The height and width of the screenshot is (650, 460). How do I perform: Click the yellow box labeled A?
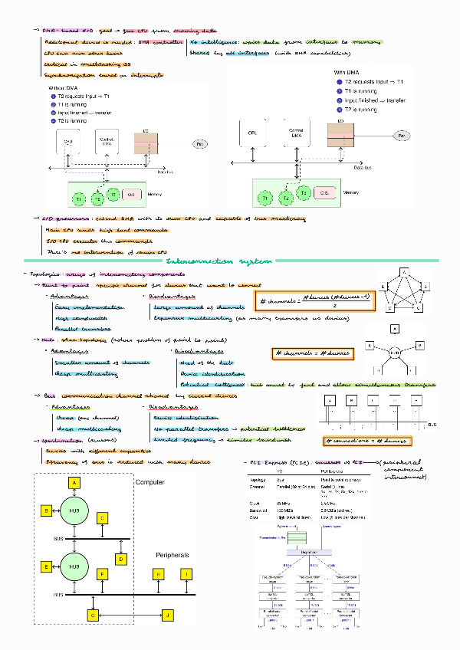point(75,484)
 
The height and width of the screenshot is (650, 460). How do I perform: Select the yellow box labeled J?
point(168,615)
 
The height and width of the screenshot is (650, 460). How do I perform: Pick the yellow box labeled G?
point(92,615)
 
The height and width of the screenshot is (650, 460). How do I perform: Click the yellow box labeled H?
point(159,573)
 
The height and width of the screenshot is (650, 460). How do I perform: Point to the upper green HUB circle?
point(75,511)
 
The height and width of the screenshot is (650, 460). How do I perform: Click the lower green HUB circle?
point(75,567)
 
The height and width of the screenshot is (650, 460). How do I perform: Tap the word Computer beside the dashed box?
point(149,482)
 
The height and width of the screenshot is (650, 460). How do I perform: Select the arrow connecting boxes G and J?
point(130,615)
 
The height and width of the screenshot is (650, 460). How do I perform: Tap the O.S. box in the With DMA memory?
point(324,195)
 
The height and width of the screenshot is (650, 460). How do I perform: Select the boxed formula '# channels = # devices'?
point(314,353)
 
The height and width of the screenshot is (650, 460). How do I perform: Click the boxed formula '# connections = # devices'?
point(366,441)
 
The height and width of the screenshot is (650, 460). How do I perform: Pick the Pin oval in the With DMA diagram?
point(401,135)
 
